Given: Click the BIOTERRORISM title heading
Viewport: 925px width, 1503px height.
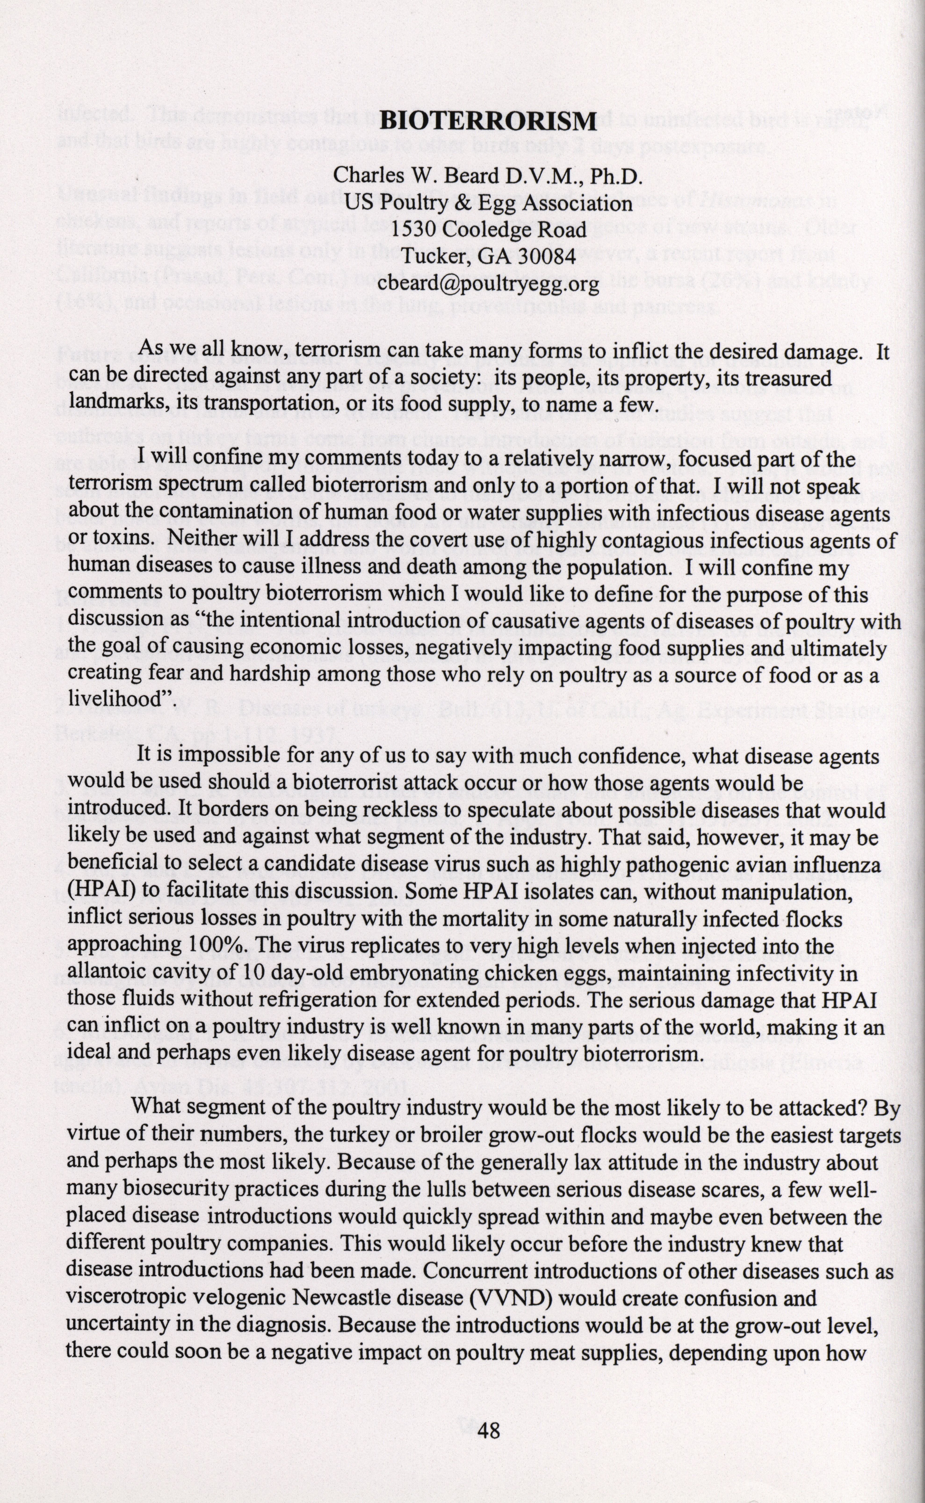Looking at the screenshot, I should click(488, 121).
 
